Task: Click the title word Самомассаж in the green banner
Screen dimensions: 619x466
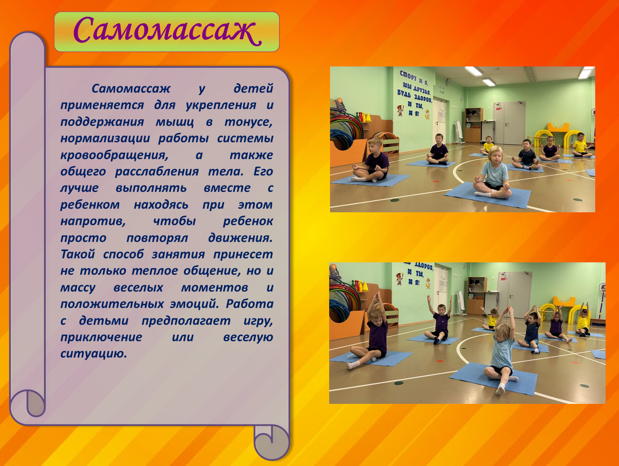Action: point(167,30)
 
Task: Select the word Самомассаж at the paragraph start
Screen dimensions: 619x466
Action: point(131,89)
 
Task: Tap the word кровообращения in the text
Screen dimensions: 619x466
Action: point(114,155)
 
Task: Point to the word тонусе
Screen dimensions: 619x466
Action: point(248,122)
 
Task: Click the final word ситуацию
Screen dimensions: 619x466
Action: point(94,354)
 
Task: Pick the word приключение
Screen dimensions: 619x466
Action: point(101,337)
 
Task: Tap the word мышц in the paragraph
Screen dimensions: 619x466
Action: point(175,122)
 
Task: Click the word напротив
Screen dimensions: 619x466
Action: point(93,222)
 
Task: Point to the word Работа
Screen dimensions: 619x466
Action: point(250,304)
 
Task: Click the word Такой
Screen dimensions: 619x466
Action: point(78,254)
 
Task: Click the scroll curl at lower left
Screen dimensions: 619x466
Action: point(28,403)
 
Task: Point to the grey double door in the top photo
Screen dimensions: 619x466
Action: point(509,123)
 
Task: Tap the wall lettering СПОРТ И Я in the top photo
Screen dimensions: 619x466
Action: point(414,77)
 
